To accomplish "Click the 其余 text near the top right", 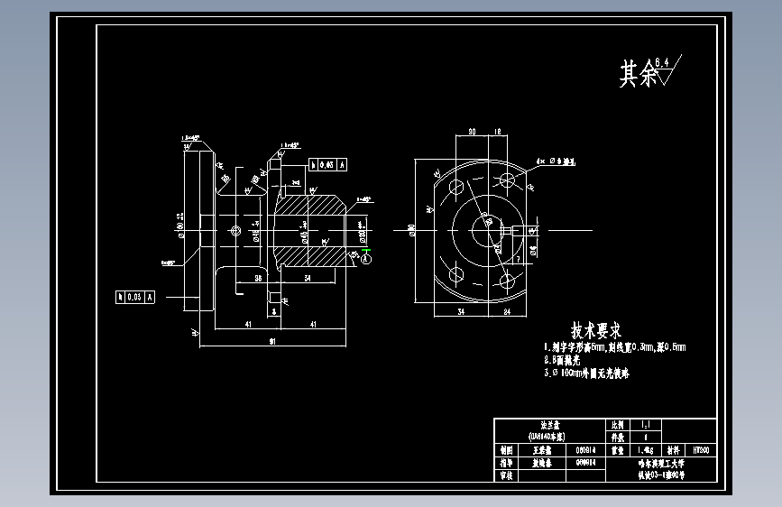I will point(638,74).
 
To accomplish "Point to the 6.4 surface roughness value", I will point(663,61).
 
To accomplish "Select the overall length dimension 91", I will point(272,341).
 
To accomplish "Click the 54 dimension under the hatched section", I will point(308,279).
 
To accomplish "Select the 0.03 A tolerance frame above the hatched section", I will point(328,164).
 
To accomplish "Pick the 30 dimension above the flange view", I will point(472,132).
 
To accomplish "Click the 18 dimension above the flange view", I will point(498,132).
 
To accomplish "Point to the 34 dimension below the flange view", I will point(460,313).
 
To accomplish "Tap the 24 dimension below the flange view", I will point(507,313).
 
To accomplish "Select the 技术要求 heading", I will point(595,331).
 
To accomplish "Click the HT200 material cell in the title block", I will point(701,448).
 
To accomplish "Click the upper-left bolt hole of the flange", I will point(455,187).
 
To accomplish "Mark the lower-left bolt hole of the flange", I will point(455,273).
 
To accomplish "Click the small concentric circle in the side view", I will point(235,230).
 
